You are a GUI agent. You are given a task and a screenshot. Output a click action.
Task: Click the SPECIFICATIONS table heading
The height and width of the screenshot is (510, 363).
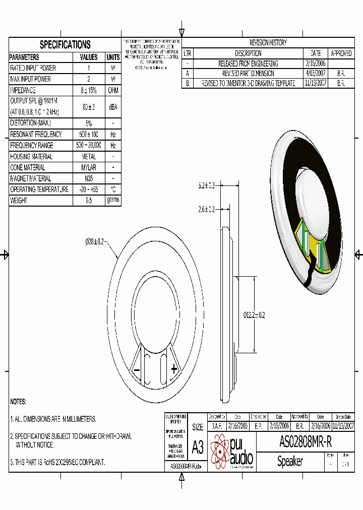(65, 44)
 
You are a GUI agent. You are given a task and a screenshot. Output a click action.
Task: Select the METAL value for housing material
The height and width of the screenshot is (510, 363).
(89, 157)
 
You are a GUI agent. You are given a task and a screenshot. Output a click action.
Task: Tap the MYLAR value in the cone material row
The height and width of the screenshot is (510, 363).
(89, 167)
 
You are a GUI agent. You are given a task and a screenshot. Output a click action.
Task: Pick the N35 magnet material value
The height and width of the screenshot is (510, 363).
(89, 178)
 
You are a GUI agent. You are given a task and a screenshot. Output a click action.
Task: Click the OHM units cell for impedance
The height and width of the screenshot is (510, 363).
(113, 90)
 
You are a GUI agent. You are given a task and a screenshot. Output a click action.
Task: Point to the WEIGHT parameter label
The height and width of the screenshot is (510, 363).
(19, 201)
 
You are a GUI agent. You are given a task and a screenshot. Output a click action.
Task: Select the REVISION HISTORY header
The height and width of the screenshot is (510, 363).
(268, 43)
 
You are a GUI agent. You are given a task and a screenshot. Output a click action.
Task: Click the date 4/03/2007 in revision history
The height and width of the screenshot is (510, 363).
(316, 74)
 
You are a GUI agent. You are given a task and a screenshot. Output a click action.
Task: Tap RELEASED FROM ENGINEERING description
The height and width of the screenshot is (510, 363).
(248, 63)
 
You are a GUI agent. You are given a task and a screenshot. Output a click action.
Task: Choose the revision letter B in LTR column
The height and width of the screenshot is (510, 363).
(187, 84)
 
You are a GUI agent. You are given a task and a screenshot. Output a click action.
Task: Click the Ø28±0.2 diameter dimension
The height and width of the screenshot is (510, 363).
(94, 242)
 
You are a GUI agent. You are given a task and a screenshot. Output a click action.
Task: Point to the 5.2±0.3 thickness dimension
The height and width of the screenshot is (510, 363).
(206, 186)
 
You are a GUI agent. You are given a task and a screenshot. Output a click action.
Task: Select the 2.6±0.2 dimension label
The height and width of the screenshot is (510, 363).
(206, 209)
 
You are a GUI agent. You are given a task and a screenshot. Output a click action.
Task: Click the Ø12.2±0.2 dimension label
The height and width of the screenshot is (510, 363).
(255, 315)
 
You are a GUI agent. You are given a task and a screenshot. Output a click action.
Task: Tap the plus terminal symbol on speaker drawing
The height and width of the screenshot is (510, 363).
(174, 369)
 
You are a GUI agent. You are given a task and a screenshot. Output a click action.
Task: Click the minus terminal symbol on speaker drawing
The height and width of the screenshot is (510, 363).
(136, 370)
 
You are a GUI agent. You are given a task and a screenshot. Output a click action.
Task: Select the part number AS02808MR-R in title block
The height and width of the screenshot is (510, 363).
(306, 442)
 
